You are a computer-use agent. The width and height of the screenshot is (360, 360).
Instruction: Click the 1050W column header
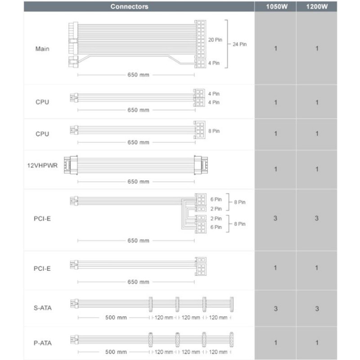275,7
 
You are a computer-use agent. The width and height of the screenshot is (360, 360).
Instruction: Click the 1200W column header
317,7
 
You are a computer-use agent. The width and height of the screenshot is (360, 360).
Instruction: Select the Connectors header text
130,7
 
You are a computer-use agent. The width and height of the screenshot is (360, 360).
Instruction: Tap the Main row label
42,49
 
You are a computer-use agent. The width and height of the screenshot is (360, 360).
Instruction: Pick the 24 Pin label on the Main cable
239,44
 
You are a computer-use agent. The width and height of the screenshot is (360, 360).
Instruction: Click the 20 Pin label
215,40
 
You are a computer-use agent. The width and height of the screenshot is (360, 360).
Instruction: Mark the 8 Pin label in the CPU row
215,131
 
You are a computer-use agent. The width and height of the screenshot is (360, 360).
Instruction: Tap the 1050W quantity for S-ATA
275,309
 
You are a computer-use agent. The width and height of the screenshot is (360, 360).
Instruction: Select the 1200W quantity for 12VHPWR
317,169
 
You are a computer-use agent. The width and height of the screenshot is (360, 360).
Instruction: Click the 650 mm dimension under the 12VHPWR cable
138,182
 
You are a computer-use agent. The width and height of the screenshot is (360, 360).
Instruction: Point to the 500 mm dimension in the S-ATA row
116,317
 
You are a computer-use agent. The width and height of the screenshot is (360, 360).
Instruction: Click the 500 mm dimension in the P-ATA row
116,351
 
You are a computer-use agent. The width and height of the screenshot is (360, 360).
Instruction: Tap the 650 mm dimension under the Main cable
138,75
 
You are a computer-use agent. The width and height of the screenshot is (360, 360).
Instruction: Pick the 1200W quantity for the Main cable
317,49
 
